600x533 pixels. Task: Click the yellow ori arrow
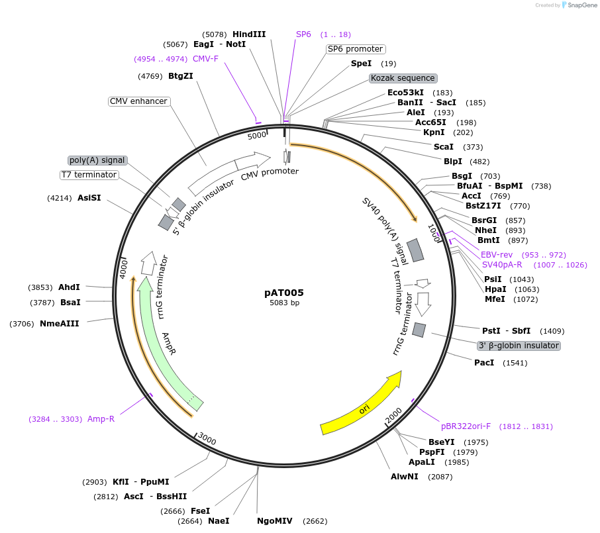[x=361, y=405]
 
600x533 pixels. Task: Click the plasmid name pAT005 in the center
[x=284, y=292]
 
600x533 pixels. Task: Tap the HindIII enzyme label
[x=249, y=34]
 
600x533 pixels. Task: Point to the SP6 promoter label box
[x=356, y=49]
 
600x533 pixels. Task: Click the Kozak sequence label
[x=403, y=78]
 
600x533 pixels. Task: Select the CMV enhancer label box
[x=139, y=101]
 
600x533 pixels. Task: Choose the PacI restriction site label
[x=484, y=363]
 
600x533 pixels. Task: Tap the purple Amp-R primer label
[x=101, y=419]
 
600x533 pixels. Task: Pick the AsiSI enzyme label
[x=89, y=198]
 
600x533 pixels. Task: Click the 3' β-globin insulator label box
[x=519, y=346]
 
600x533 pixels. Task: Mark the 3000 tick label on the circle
[x=207, y=440]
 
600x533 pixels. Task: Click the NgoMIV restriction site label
[x=275, y=521]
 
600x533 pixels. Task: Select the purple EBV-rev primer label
[x=497, y=255]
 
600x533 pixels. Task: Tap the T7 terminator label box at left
[x=89, y=175]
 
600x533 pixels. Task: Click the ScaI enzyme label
[x=443, y=147]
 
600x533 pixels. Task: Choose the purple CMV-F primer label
[x=205, y=59]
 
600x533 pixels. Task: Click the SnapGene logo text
[x=580, y=5]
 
